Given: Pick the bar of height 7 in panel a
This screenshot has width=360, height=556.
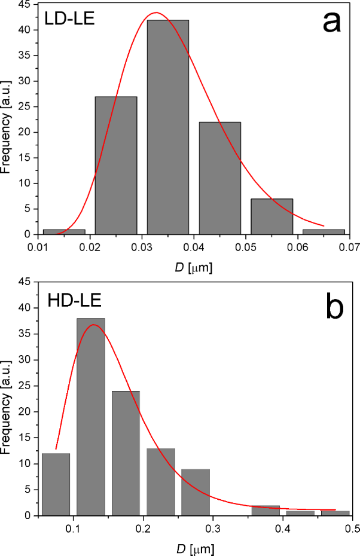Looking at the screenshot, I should pyautogui.click(x=272, y=216).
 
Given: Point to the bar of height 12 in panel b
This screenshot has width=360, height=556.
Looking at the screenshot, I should pyautogui.click(x=56, y=484).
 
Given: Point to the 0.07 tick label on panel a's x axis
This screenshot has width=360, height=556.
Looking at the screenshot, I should pyautogui.click(x=350, y=245).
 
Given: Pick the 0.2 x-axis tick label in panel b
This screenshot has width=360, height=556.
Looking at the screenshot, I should pyautogui.click(x=143, y=527).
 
